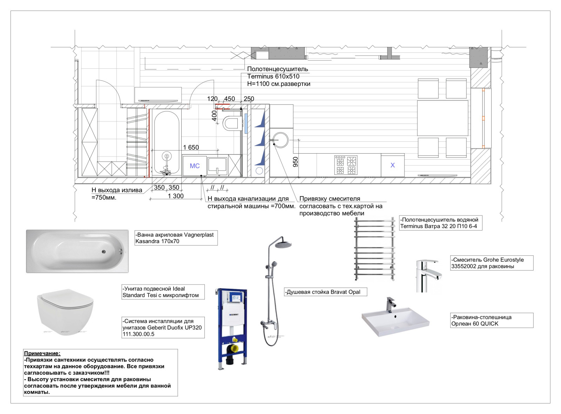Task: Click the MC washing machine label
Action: point(195,166)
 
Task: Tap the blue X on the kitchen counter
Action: point(392,165)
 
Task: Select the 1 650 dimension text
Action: point(191,148)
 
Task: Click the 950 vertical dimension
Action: point(296,162)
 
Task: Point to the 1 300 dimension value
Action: point(176,196)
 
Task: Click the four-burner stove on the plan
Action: point(345,165)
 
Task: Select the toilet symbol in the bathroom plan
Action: point(231,123)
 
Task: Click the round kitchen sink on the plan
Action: point(280,140)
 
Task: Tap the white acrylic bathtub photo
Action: point(77,251)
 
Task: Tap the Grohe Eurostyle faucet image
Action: point(427,276)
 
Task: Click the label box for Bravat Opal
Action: point(325,292)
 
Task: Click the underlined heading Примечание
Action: point(42,353)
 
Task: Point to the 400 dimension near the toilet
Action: point(214,115)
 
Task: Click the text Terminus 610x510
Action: point(273,76)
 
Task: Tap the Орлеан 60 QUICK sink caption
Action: point(492,320)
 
